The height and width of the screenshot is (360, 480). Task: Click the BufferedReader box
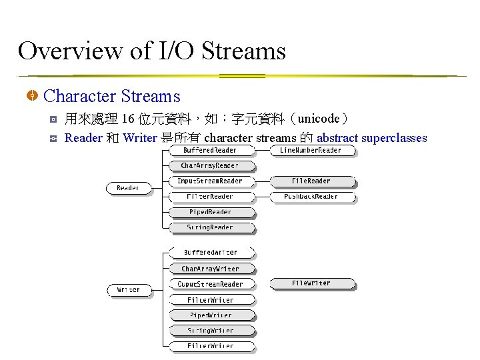(210, 151)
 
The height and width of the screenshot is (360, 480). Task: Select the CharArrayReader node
(210, 165)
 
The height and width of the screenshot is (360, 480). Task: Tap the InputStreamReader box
(210, 181)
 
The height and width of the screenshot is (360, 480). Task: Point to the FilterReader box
(210, 197)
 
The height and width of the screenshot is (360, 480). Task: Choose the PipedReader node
(210, 212)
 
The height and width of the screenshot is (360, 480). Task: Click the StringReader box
(210, 227)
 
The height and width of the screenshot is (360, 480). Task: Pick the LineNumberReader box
(311, 151)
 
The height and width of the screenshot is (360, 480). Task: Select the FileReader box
(311, 181)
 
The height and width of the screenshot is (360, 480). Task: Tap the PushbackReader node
(311, 197)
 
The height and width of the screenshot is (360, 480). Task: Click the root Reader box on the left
(128, 188)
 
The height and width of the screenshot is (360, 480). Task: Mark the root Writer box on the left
(128, 289)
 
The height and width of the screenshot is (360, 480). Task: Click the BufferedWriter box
(210, 253)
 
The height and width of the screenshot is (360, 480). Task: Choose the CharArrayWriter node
(210, 269)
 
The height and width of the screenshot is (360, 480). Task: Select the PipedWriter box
(210, 315)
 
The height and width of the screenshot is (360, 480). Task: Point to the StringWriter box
(210, 331)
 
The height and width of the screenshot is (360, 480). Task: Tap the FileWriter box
(311, 283)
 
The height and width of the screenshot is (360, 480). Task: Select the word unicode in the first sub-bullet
(319, 119)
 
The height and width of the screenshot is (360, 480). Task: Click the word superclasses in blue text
(394, 138)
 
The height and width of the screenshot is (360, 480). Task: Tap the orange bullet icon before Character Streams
(31, 97)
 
